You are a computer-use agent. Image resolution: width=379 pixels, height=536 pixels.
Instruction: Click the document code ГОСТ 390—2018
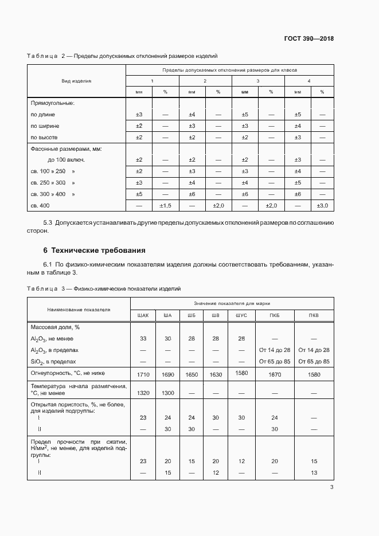point(308,39)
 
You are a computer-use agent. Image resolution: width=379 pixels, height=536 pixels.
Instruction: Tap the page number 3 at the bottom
point(332,488)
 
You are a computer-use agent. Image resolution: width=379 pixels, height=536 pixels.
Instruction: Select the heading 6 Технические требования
point(86,251)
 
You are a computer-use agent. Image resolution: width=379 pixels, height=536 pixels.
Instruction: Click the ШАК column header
point(143,315)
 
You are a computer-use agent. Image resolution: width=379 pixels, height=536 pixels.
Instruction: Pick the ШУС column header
point(241,315)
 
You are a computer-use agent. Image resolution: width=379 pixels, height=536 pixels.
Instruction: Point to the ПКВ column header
point(314,315)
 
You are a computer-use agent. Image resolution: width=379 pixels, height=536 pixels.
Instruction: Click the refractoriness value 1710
point(143,374)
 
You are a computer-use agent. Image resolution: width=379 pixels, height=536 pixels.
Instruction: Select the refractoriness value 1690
point(167,374)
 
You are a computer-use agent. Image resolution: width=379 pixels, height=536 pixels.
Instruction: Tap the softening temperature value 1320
point(143,394)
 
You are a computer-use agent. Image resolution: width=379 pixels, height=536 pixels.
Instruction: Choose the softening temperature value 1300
point(167,394)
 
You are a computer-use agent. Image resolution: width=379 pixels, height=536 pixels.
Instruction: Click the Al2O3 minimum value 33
point(143,339)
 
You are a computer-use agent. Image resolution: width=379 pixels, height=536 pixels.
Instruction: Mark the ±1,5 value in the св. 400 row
point(165,206)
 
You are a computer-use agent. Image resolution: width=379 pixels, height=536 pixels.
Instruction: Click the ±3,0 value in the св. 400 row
point(323,206)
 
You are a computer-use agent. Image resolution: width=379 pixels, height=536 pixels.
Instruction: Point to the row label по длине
point(43,115)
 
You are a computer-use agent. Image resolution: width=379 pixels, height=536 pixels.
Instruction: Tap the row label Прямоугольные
point(53,103)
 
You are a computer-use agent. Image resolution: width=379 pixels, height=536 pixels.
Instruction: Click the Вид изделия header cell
point(76,81)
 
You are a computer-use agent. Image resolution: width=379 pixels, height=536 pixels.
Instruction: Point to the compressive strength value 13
point(314,472)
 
